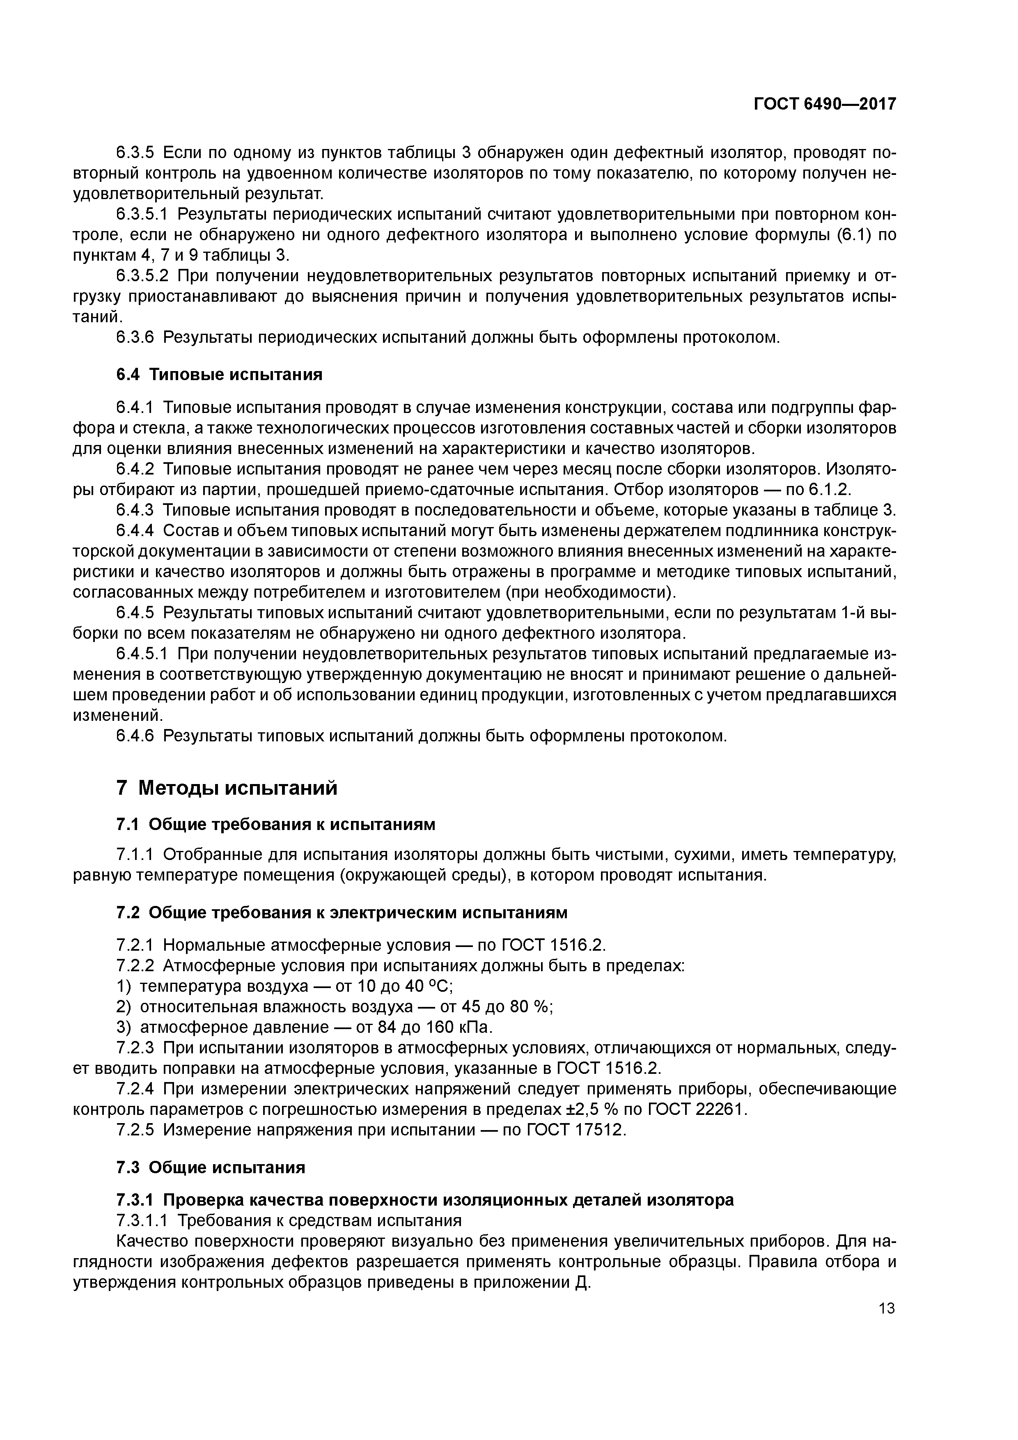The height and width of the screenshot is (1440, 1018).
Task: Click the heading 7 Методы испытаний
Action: [x=227, y=788]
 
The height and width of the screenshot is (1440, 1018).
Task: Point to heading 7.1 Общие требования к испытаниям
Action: [x=275, y=823]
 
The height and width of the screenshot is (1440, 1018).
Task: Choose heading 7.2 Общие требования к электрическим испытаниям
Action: [x=342, y=913]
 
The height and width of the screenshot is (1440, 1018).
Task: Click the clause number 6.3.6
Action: [x=135, y=337]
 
